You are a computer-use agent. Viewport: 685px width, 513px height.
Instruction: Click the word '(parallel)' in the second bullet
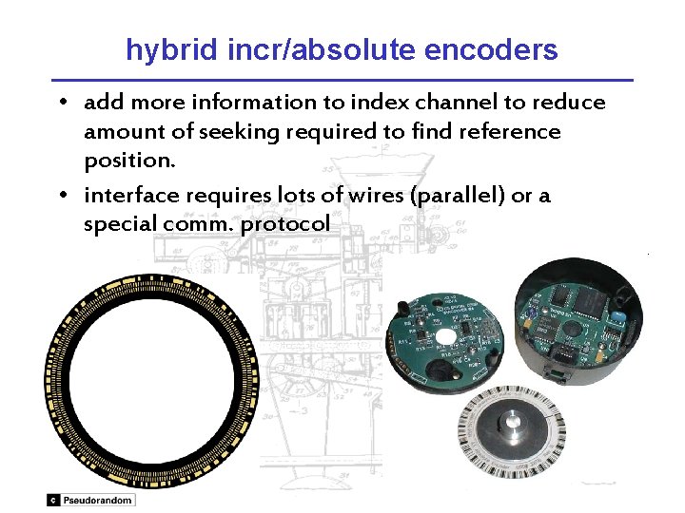point(432,196)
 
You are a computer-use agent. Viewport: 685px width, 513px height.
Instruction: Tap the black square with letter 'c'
point(53,500)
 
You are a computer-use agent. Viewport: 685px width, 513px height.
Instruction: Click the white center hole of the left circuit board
point(447,336)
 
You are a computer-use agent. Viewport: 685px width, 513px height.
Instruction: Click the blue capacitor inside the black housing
point(617,314)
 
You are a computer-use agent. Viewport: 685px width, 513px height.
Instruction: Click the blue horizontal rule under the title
point(342,79)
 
